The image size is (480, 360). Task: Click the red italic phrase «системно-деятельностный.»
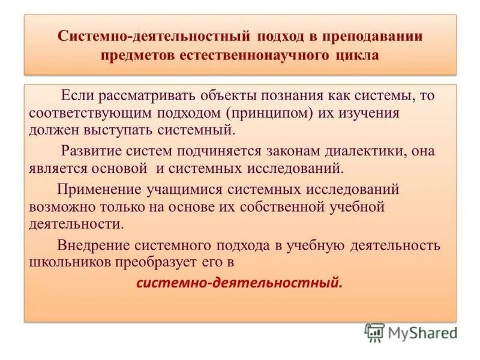pyautogui.click(x=239, y=283)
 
